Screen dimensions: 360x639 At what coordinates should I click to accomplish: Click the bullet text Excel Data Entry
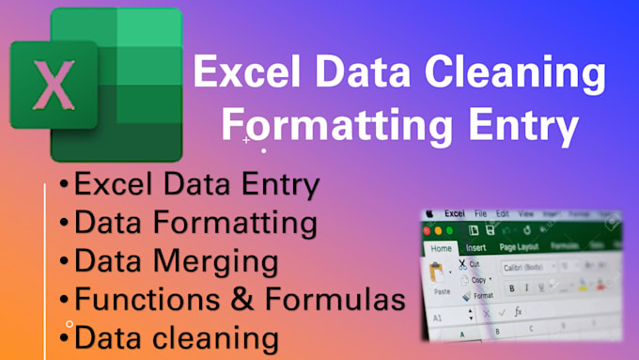tap(196, 185)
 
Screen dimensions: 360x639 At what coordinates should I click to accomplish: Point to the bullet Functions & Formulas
tap(240, 299)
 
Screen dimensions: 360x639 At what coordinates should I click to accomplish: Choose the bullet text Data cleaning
tap(177, 337)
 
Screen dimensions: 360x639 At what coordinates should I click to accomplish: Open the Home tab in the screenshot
tap(440, 247)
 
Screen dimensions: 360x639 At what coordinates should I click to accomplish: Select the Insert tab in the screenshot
tap(475, 248)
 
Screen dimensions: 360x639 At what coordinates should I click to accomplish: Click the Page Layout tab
tap(519, 248)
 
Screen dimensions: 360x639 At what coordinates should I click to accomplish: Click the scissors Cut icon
tap(462, 263)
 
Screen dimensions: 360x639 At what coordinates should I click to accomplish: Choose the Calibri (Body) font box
tap(530, 266)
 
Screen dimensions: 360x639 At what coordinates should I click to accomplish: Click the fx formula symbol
tap(517, 312)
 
